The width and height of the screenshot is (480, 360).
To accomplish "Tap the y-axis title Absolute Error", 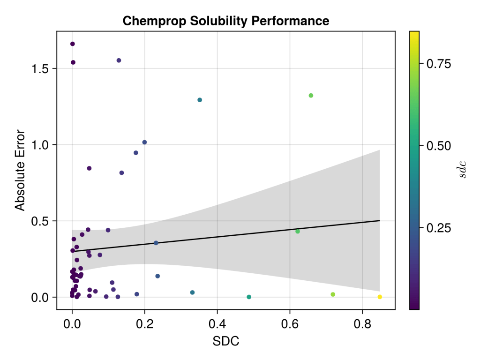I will point(19,170).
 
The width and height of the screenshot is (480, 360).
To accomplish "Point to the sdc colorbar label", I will point(463,170).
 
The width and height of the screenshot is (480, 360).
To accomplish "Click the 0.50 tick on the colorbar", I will point(438,145).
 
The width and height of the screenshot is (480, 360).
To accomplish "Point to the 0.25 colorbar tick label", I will point(438,228).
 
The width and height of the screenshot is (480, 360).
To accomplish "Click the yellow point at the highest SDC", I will point(380,297).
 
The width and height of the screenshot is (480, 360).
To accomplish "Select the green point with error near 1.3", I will point(311,96).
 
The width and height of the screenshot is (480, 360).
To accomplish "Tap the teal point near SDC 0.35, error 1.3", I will point(200,100).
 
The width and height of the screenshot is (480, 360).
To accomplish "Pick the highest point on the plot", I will point(72,44).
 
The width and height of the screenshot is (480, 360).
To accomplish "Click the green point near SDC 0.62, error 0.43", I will point(298,231).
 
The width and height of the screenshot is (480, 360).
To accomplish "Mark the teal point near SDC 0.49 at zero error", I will point(249,297).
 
